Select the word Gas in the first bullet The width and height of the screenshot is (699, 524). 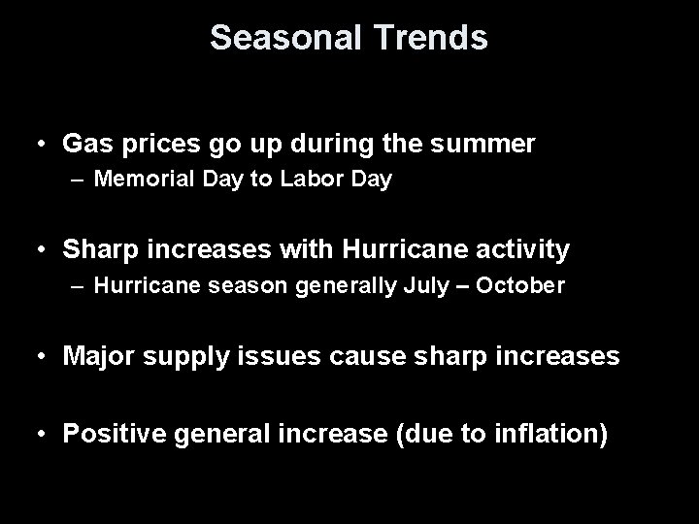83,145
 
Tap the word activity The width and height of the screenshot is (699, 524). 525,250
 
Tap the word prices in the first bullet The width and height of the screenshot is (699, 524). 145,146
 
